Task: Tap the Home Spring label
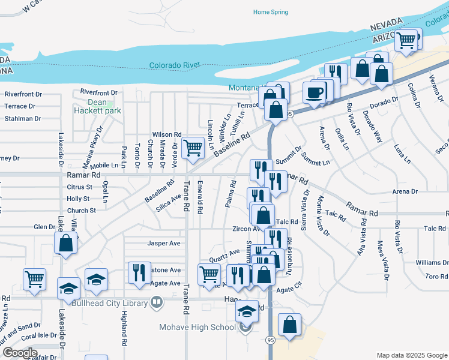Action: [270, 12]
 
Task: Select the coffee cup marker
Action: [315, 92]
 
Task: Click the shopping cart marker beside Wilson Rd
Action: [192, 146]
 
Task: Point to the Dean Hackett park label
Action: [97, 106]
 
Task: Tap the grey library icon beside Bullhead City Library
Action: [157, 302]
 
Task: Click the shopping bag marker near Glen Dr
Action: [65, 244]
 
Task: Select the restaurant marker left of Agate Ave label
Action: [139, 272]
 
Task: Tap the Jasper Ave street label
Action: [164, 244]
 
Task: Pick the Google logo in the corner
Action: [20, 353]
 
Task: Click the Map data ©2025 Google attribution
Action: [411, 355]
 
